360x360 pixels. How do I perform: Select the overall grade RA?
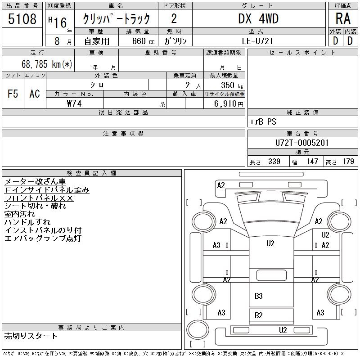(x=342, y=19)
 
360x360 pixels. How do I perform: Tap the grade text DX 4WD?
(x=258, y=19)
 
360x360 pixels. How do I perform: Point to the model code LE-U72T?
(x=258, y=41)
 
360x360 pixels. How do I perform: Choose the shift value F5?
(x=13, y=94)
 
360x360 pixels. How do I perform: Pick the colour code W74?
(x=74, y=103)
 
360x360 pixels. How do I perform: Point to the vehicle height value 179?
(x=348, y=162)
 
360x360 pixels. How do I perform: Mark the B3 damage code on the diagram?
(x=258, y=296)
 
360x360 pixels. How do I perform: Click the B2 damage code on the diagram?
(x=258, y=315)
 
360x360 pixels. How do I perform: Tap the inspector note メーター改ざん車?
(x=35, y=182)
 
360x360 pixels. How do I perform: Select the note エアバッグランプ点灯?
(x=42, y=238)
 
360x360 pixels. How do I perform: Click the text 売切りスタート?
(x=31, y=336)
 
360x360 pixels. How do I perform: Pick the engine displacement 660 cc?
(x=140, y=41)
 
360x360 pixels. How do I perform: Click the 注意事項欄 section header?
(x=123, y=134)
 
